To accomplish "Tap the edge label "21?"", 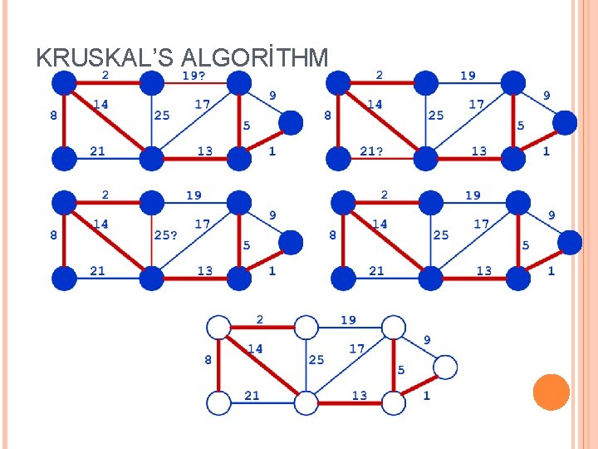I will (370, 151).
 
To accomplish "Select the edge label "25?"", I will (165, 235).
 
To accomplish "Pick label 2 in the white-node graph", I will (260, 319).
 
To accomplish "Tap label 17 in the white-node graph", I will (356, 348).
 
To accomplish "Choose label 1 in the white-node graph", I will (427, 396).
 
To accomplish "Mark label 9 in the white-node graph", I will (427, 339).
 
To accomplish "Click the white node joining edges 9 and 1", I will (445, 367).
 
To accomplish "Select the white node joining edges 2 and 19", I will (306, 327).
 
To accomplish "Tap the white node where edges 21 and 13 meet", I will (306, 404).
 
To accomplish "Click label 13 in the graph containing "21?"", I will (479, 151).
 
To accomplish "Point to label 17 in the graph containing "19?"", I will (202, 105).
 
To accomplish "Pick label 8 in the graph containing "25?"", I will (54, 235).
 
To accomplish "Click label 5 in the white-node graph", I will (401, 369).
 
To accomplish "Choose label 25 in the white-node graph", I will (316, 360).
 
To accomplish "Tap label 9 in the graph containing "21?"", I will (547, 96).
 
